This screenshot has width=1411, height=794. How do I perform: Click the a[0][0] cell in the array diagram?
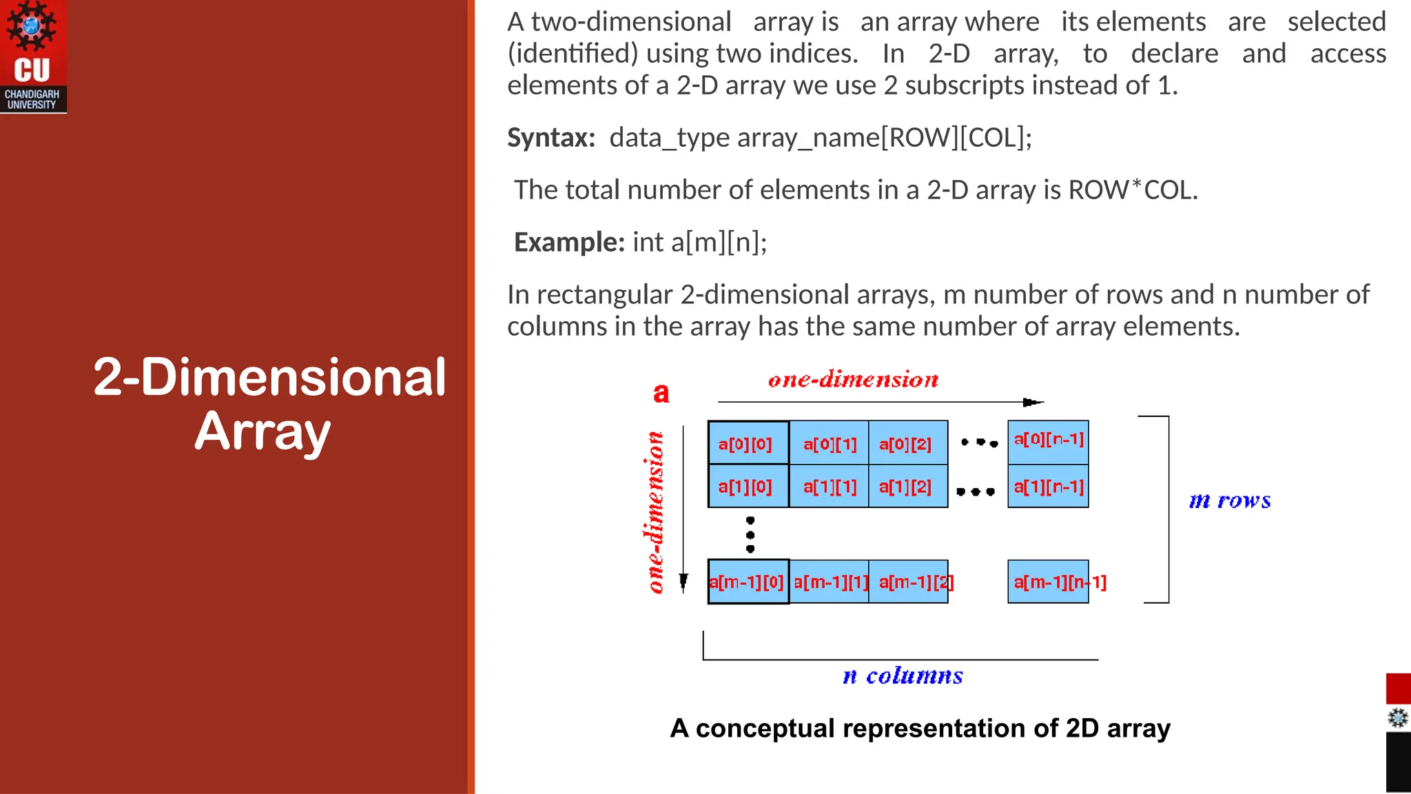(x=748, y=443)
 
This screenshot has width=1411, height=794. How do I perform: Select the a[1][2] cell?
(x=907, y=487)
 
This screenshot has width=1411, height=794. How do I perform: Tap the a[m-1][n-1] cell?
(x=1049, y=582)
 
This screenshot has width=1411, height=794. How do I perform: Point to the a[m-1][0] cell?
(x=748, y=582)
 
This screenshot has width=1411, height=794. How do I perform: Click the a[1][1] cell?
(x=829, y=487)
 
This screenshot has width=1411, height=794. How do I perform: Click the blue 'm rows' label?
(x=1230, y=500)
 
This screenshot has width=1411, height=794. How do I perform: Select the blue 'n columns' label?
(x=903, y=676)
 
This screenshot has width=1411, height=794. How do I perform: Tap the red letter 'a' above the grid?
(x=661, y=393)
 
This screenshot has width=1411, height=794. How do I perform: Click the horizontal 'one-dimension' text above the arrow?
(x=853, y=380)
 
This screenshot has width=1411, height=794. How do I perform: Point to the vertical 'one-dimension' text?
(x=655, y=512)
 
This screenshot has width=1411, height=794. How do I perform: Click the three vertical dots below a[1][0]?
(x=750, y=534)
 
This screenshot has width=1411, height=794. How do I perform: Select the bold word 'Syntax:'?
(x=551, y=138)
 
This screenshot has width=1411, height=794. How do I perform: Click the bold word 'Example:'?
(x=569, y=243)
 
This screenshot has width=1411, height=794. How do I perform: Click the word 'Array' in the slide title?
(x=262, y=431)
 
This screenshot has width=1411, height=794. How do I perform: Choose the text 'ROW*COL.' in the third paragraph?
(x=1133, y=190)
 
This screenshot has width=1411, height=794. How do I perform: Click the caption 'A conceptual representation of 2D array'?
(x=920, y=729)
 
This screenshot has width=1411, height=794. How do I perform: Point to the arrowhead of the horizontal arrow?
(x=1033, y=403)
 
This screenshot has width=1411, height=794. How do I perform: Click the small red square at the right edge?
(x=1398, y=689)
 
